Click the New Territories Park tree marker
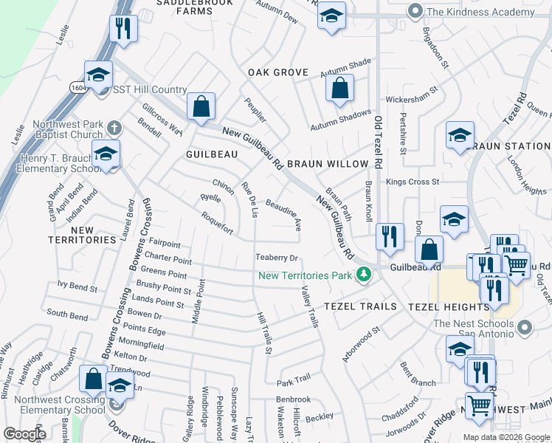(362, 275)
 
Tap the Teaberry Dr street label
(276, 258)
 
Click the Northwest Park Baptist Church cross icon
(113, 128)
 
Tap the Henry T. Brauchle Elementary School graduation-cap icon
(106, 154)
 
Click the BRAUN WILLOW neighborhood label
(327, 164)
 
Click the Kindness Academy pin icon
(415, 11)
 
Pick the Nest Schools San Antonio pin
(524, 326)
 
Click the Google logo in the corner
(24, 434)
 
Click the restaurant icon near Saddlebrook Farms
(122, 29)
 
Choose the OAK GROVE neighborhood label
(277, 72)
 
